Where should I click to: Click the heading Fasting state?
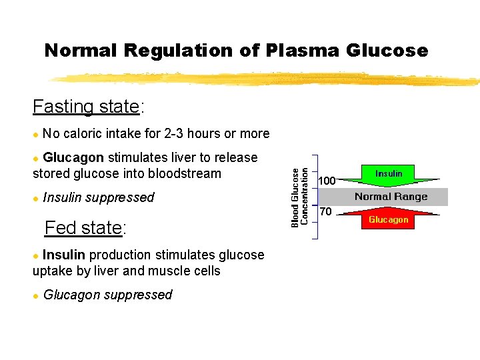point(88,107)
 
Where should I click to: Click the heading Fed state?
point(85,228)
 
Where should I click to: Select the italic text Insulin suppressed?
point(98,197)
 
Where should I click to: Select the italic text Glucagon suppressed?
point(107,295)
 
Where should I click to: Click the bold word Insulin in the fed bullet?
point(64,255)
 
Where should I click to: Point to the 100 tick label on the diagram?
point(327,181)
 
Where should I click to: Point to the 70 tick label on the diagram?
point(325,212)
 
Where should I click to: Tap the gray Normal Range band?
point(391,197)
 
